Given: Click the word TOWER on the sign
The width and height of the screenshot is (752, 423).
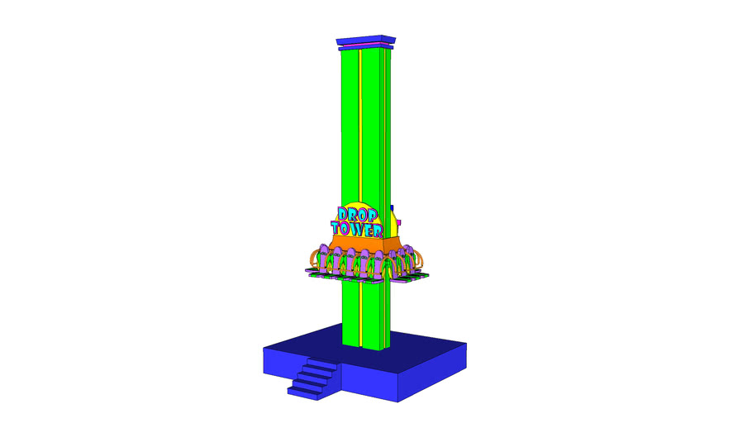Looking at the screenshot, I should coord(356,227).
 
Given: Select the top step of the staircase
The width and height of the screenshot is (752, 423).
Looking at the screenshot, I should coord(323,362).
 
